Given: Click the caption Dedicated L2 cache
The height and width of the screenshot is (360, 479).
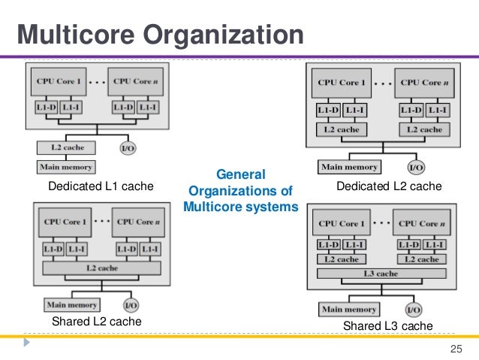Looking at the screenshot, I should click(x=389, y=186).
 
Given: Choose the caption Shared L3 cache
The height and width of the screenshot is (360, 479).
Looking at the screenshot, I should click(x=387, y=325).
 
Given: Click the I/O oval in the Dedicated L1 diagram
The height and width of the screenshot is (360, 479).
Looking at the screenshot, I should click(x=128, y=149).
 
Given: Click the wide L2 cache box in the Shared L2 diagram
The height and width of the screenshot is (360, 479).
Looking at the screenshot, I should click(x=101, y=268).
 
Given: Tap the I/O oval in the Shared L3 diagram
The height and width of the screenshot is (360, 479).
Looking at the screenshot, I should click(x=414, y=310).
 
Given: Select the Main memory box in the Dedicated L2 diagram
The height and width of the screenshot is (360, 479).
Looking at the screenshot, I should click(x=349, y=167).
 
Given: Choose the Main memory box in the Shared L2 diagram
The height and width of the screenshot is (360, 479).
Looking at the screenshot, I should click(x=72, y=305).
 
